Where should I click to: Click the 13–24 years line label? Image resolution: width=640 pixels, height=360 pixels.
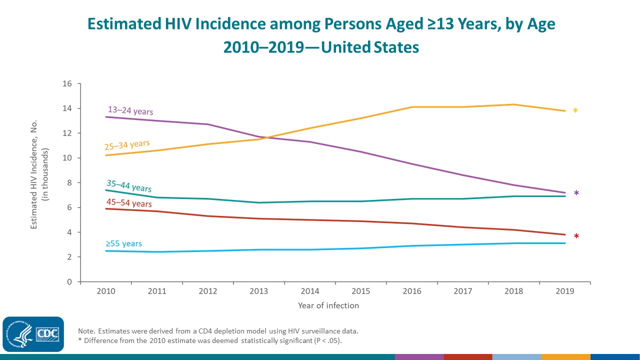point(130,110)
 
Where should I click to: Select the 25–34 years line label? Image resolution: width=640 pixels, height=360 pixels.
point(127,145)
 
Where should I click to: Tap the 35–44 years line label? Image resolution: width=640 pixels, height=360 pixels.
point(129,186)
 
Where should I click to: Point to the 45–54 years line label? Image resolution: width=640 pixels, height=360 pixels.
point(129,203)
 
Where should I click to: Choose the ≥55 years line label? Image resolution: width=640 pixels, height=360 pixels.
point(123,244)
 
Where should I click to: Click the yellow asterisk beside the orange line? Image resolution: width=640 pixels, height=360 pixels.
point(575,111)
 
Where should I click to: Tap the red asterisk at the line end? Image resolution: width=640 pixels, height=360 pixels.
point(576,237)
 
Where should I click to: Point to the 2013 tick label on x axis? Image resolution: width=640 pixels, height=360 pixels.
point(259,291)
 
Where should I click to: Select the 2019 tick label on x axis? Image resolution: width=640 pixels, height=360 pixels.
point(565,291)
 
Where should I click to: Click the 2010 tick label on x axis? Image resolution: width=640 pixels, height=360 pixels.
point(106,291)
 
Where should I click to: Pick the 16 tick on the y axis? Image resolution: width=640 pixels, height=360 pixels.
point(67,83)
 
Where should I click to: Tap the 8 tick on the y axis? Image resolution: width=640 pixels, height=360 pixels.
point(69,183)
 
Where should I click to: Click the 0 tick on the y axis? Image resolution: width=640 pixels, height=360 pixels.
point(69,282)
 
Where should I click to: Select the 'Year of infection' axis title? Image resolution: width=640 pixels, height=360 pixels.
point(328,305)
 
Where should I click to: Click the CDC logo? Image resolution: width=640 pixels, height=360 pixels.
point(33,334)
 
